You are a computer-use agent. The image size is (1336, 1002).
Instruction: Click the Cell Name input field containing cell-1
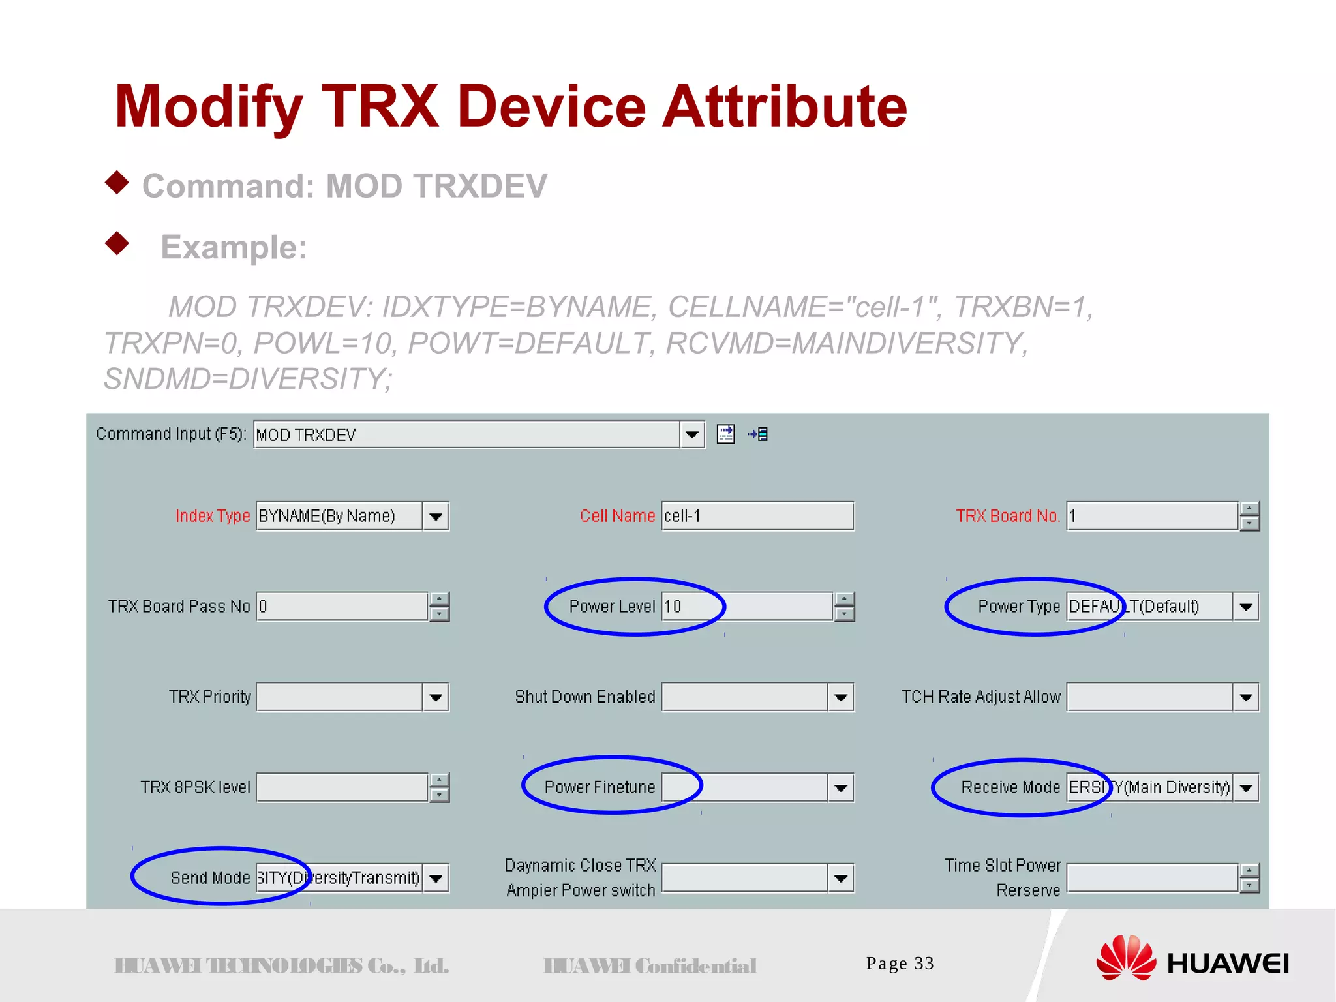click(757, 516)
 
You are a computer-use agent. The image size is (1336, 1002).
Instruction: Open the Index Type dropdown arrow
click(436, 517)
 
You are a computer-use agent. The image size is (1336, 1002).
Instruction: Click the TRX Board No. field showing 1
click(1151, 516)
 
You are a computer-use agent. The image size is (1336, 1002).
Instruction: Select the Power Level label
click(611, 607)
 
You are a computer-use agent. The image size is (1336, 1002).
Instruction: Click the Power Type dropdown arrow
click(1246, 607)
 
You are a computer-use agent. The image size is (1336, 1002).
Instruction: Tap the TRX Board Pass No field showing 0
click(342, 607)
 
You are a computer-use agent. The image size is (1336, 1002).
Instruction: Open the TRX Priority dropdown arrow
click(436, 697)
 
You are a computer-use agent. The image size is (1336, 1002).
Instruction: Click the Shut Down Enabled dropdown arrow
click(841, 697)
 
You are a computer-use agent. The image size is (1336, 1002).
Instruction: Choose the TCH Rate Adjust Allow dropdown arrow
click(1246, 697)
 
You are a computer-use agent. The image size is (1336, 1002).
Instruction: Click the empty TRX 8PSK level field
click(342, 787)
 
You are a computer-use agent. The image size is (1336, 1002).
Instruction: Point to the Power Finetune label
click(599, 787)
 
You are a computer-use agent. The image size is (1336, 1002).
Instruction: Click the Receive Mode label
click(1010, 787)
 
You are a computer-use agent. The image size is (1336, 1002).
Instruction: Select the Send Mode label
click(210, 878)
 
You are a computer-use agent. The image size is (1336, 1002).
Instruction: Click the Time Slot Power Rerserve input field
click(1151, 878)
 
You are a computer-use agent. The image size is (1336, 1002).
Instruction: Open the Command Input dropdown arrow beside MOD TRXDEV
click(691, 434)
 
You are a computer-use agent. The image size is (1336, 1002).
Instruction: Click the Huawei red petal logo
click(1125, 958)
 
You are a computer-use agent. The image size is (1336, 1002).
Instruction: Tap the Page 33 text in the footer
click(900, 964)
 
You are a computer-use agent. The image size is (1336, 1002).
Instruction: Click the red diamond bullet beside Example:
click(117, 243)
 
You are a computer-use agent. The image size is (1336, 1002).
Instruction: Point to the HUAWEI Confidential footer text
click(650, 965)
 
